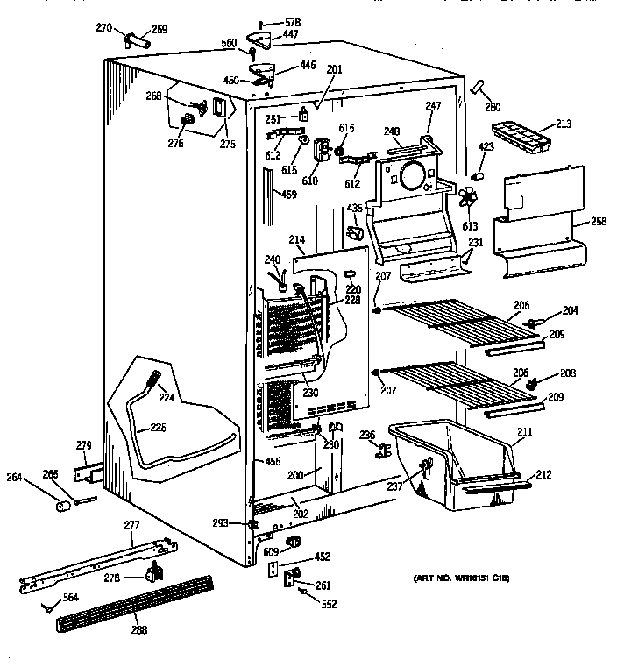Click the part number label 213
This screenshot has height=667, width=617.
[x=563, y=124]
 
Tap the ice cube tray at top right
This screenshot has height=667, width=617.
[x=521, y=134]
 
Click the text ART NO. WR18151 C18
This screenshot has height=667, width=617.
[x=461, y=579]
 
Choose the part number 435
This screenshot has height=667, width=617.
[x=355, y=208]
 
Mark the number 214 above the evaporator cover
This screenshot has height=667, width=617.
[x=296, y=238]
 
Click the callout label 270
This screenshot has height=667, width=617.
[x=104, y=27]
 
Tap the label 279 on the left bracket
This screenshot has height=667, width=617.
[x=83, y=446]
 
